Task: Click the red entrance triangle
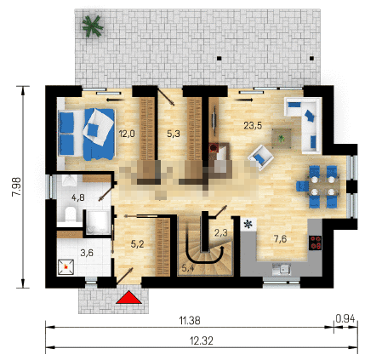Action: tap(128, 297)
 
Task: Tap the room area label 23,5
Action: tap(253, 125)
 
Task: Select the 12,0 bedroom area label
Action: tap(127, 134)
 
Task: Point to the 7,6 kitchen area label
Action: tap(280, 239)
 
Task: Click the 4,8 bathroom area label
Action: tap(78, 197)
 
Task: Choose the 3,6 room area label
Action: tap(87, 253)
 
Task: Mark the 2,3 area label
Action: tap(220, 233)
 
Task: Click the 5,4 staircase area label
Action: tap(188, 267)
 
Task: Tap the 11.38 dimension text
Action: tap(190, 321)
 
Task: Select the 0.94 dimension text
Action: tap(345, 319)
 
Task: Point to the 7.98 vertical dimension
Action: tap(16, 186)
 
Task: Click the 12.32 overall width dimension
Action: tap(202, 340)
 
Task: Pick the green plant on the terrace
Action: tap(92, 26)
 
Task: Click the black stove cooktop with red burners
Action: tap(315, 243)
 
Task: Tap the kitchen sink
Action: tap(282, 269)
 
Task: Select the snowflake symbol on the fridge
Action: tap(248, 225)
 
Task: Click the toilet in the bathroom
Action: tap(70, 214)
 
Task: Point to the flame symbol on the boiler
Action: tap(66, 267)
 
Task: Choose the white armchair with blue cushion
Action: tap(260, 157)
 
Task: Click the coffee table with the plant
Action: tap(282, 139)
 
